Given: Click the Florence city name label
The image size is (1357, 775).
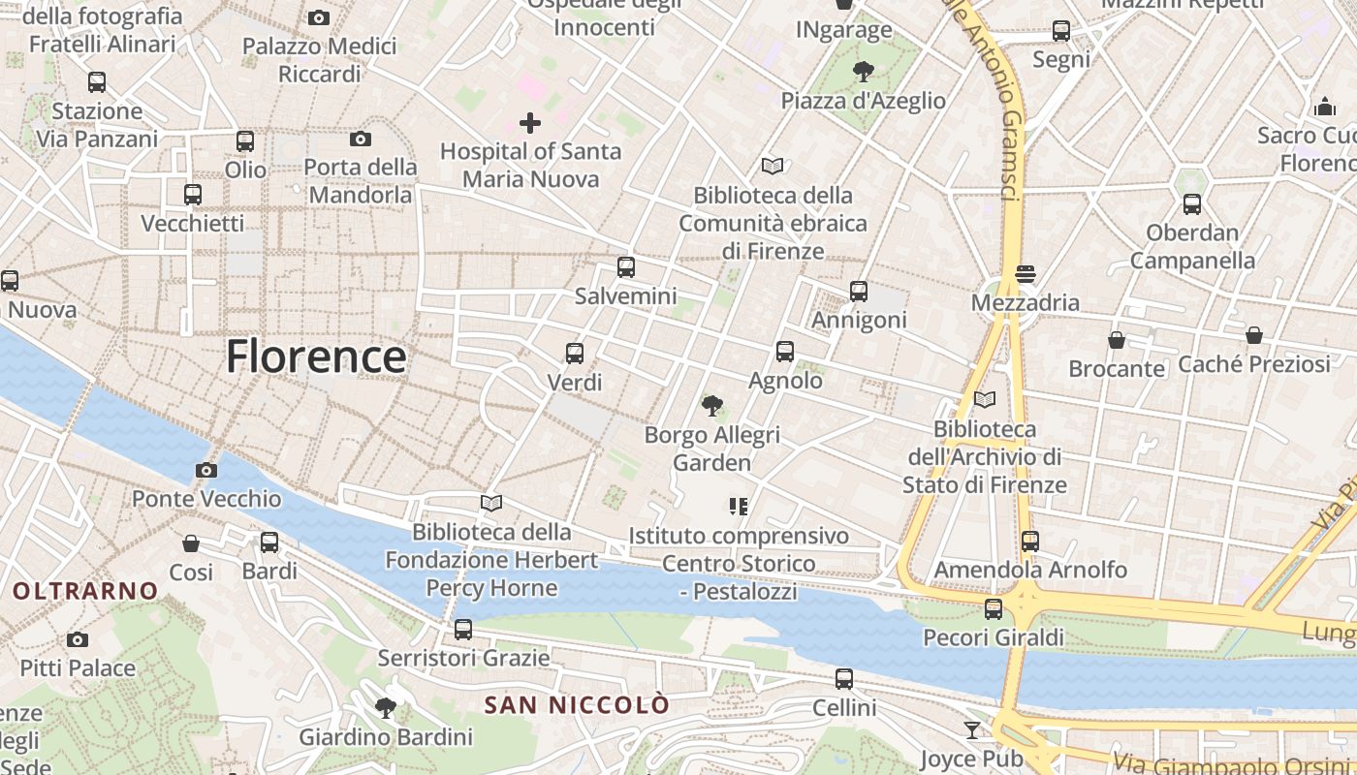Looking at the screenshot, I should [x=316, y=356].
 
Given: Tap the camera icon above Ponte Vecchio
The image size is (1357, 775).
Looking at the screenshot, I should [x=206, y=471].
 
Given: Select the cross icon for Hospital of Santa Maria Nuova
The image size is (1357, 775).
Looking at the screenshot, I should [x=530, y=123].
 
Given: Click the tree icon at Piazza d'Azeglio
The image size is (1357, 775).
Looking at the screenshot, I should [x=863, y=72].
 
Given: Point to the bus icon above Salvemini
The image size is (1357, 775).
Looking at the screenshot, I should [x=626, y=267].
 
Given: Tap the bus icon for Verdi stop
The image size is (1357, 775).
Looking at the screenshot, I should [x=575, y=354].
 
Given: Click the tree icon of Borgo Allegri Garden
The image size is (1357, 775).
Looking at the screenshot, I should [x=712, y=406].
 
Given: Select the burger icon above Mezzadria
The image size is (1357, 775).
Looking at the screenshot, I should [x=1026, y=274].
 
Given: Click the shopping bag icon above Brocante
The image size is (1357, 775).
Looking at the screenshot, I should [x=1117, y=340].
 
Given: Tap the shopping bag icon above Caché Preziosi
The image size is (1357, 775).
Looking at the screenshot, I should [x=1254, y=335].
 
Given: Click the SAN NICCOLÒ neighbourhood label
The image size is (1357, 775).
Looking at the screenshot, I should [x=577, y=704].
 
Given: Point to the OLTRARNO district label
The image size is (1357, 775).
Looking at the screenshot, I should [x=85, y=590].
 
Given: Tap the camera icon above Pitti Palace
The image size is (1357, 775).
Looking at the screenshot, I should [x=78, y=639].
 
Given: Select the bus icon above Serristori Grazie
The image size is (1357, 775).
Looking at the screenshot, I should [x=463, y=630].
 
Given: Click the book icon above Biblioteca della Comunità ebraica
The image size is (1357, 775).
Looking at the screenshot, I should [x=773, y=167].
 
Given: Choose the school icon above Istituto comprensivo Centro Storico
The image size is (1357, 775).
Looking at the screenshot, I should [x=739, y=507].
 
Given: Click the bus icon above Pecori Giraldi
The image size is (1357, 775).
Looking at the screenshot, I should [x=994, y=609].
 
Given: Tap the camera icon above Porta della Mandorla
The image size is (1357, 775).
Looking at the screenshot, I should [x=361, y=139].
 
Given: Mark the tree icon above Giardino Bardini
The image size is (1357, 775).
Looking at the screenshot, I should [x=386, y=708].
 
